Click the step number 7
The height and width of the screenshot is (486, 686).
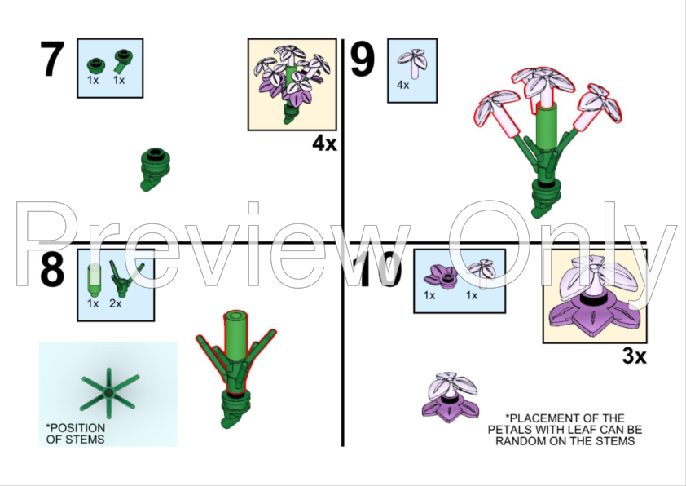52,59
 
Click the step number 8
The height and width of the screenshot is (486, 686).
52,269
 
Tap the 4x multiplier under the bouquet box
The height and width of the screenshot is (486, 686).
324,144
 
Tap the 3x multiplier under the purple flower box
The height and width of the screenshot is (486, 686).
634,356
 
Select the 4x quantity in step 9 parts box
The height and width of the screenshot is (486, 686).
403,85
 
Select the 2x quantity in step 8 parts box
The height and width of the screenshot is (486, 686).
116,303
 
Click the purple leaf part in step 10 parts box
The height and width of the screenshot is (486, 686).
441,277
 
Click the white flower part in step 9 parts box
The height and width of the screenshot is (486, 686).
412,64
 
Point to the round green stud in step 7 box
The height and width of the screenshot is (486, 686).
96,66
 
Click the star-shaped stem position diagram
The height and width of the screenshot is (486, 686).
109,393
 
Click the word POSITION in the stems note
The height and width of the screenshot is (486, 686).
76,428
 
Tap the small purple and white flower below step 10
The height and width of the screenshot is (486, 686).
451,398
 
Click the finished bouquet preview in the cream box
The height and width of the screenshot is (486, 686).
292,85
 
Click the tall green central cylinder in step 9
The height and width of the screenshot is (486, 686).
547,127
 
